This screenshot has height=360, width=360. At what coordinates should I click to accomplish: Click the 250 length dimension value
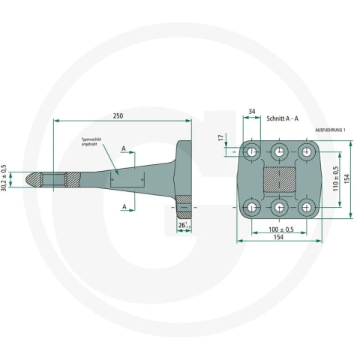pyautogui.click(x=118, y=116)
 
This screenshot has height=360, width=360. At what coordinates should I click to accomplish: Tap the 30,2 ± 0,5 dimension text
pyautogui.click(x=4, y=178)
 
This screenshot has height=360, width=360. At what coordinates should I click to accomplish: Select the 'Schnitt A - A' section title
pyautogui.click(x=283, y=118)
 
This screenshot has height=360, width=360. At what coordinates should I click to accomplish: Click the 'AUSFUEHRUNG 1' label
pyautogui.click(x=330, y=130)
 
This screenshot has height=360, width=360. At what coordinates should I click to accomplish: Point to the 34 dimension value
pyautogui.click(x=252, y=112)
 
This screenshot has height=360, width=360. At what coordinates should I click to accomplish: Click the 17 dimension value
pyautogui.click(x=220, y=138)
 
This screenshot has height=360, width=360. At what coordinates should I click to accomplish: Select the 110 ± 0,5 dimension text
pyautogui.click(x=336, y=178)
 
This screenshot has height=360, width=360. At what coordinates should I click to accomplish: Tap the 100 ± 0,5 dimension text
pyautogui.click(x=281, y=229)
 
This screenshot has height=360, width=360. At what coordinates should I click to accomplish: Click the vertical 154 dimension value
pyautogui.click(x=347, y=179)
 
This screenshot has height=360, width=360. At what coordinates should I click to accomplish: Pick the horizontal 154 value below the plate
pyautogui.click(x=278, y=237)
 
